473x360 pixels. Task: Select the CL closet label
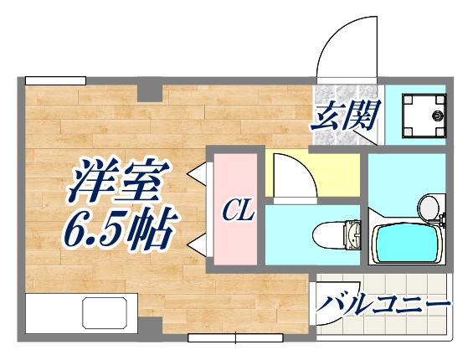click(238, 212)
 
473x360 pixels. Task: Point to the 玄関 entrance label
click(347, 114)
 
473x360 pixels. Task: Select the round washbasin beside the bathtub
click(429, 204)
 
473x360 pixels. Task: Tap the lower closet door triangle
click(198, 244)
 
